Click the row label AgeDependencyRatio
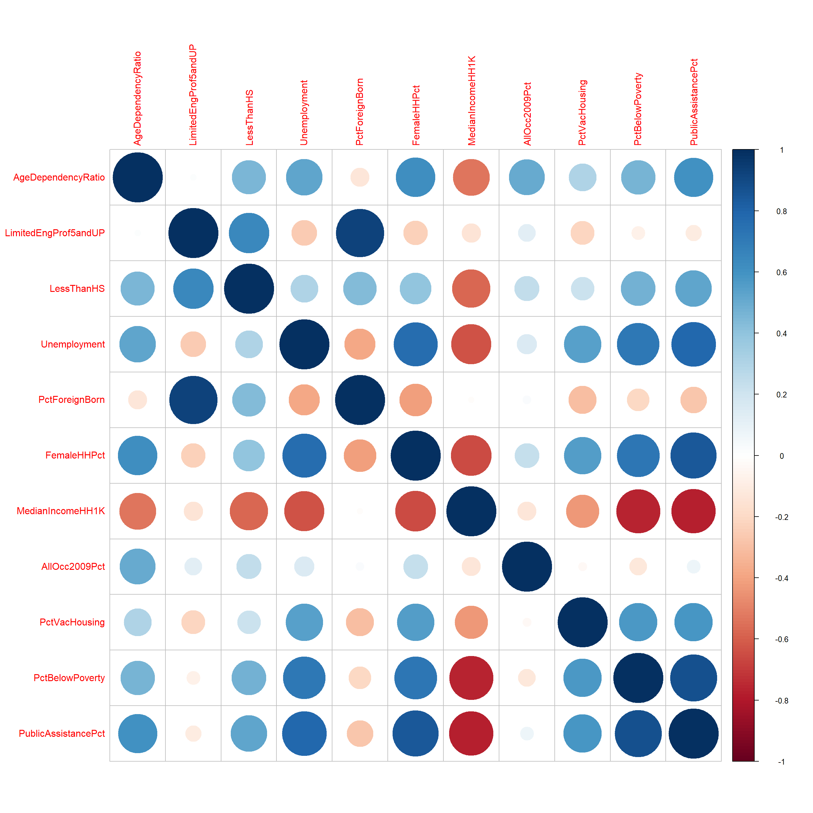(59, 177)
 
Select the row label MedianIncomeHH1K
(60, 511)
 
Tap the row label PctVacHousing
(72, 622)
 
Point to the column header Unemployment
(304, 113)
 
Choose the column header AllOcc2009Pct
(527, 114)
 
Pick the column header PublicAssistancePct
(694, 102)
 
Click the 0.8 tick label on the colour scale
(782, 211)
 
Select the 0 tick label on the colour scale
(782, 456)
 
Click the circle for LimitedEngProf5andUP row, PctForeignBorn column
(360, 233)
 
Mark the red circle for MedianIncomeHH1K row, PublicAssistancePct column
(694, 511)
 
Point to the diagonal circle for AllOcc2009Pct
(527, 566)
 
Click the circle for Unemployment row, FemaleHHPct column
(415, 344)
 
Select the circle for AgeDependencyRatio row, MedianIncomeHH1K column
(471, 177)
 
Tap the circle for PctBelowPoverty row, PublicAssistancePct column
(694, 678)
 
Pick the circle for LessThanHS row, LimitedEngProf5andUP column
(193, 289)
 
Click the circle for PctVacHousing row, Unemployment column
(304, 622)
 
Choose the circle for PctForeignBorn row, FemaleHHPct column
(415, 400)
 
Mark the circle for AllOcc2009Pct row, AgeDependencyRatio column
(138, 566)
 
